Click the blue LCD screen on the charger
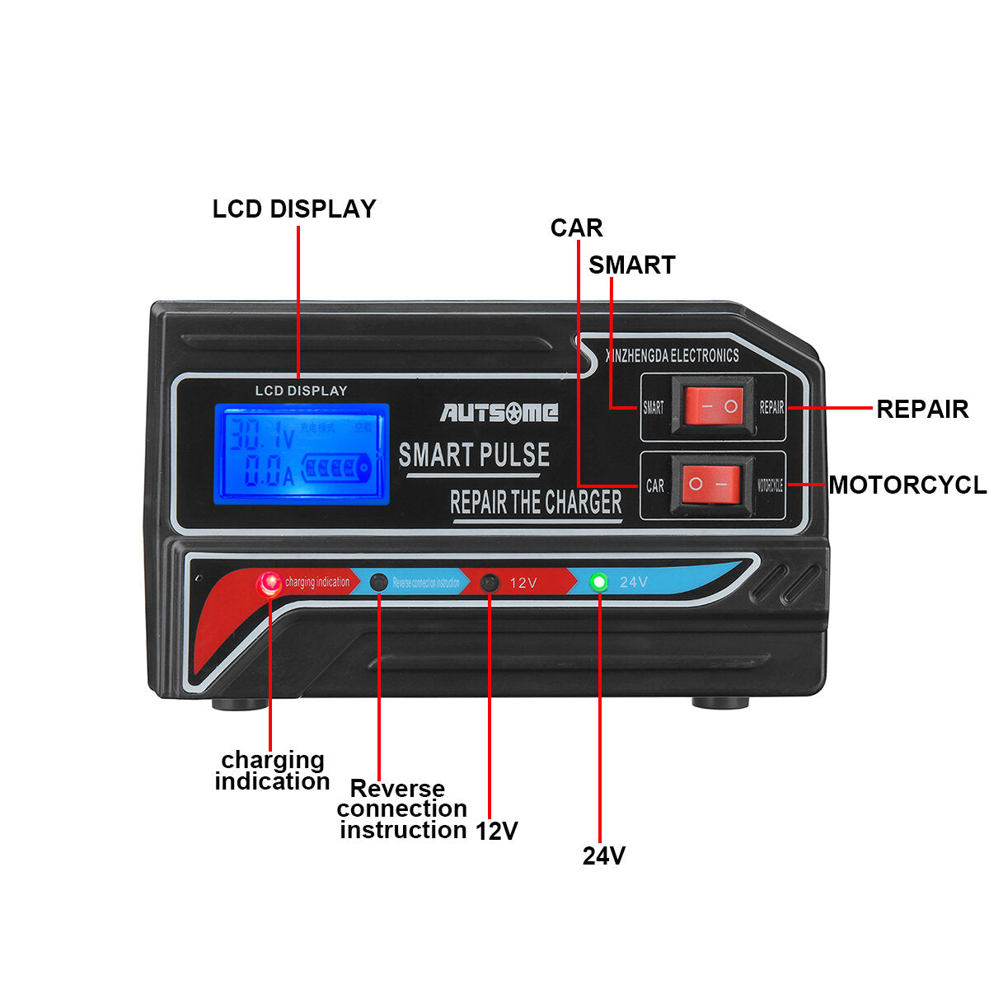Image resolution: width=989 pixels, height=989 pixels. (x=302, y=453)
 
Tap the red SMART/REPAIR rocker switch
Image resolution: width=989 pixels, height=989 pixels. (x=713, y=406)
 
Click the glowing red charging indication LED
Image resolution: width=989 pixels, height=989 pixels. (x=269, y=584)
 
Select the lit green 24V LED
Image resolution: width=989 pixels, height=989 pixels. (x=599, y=582)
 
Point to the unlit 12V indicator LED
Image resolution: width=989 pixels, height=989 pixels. (x=490, y=583)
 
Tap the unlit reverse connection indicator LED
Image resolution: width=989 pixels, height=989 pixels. (x=378, y=582)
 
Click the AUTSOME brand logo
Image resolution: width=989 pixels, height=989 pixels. (x=499, y=412)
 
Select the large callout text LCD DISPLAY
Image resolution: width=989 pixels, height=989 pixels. (x=294, y=209)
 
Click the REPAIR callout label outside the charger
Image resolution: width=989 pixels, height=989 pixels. (x=921, y=409)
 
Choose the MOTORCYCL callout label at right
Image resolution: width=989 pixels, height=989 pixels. (x=907, y=485)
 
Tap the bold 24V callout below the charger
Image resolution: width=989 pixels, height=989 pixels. (x=604, y=856)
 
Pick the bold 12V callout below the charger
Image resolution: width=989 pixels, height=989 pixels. (x=496, y=831)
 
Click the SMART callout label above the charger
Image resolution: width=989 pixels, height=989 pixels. (x=631, y=265)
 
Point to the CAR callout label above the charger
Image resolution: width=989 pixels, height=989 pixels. (x=576, y=228)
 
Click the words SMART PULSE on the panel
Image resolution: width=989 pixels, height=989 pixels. (x=474, y=455)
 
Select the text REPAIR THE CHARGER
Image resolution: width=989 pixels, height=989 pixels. (x=536, y=502)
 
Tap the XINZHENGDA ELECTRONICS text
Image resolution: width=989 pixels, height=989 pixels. (x=673, y=356)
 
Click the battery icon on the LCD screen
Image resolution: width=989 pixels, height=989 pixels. (x=338, y=470)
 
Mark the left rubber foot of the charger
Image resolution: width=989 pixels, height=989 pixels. (x=239, y=704)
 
